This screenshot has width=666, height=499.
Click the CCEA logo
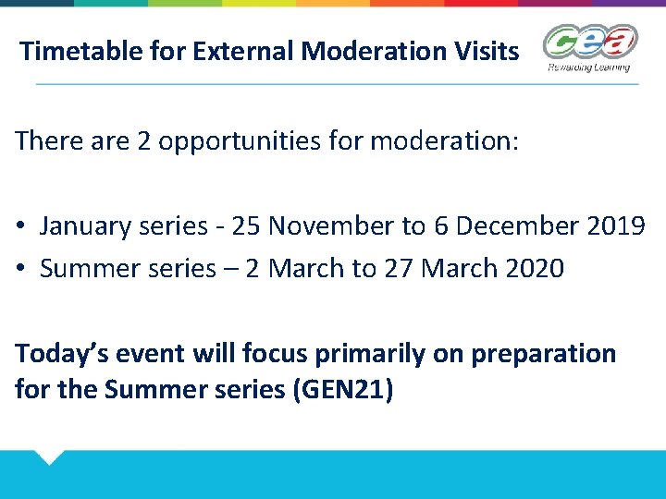pos(590,42)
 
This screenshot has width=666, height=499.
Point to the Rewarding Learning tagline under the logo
pos(589,67)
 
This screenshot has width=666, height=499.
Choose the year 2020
pos(537,269)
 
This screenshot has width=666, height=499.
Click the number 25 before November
pos(246,225)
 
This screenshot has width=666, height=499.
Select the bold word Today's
pos(59,355)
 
